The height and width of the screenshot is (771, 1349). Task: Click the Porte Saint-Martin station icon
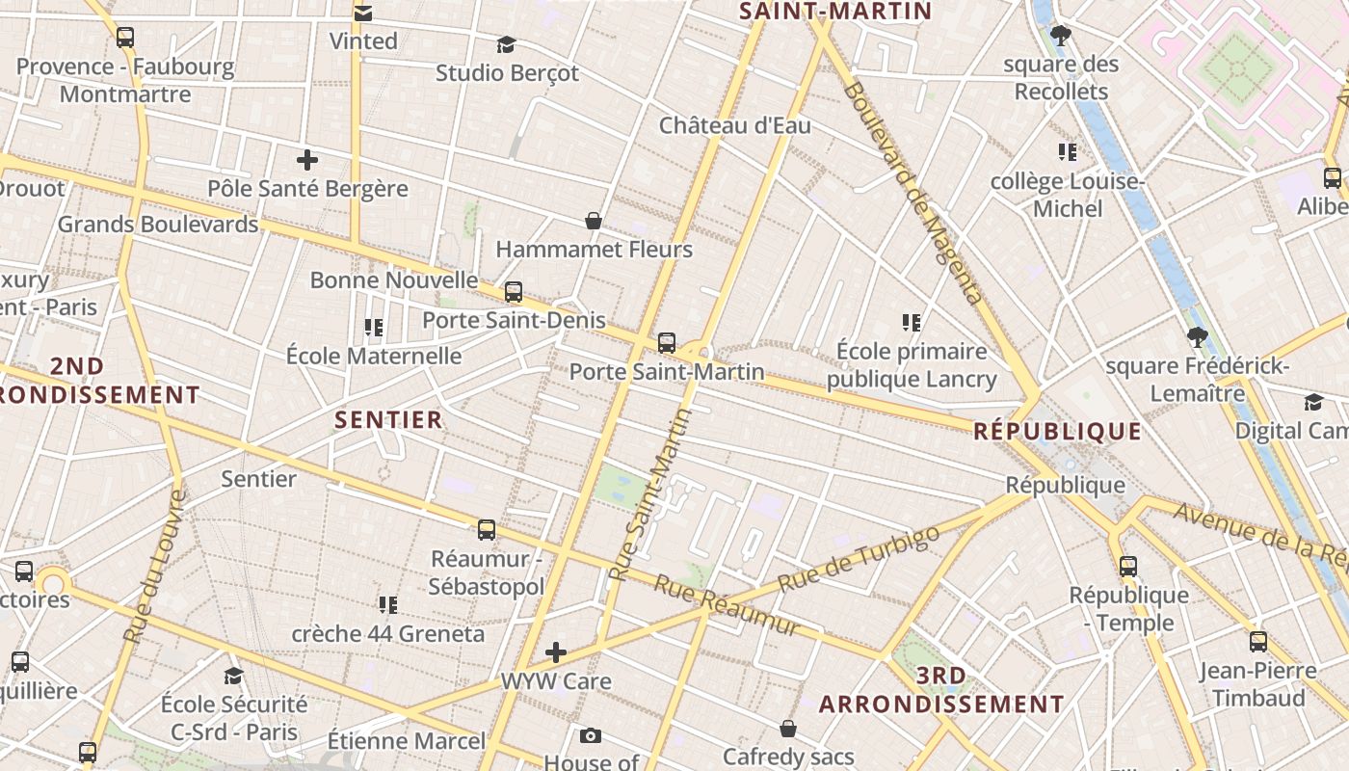(666, 343)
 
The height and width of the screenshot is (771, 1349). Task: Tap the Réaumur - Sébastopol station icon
(487, 529)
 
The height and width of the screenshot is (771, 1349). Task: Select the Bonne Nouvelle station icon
(514, 291)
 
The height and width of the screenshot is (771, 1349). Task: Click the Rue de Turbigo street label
(858, 560)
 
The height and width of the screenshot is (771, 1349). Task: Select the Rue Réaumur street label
(727, 606)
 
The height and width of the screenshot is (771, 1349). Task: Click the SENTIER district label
(388, 420)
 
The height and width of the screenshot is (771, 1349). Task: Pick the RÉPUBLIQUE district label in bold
(1057, 431)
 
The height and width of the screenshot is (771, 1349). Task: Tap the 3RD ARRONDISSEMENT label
(941, 690)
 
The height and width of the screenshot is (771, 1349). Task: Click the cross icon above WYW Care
(556, 652)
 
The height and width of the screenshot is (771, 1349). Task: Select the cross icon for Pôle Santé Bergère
(307, 160)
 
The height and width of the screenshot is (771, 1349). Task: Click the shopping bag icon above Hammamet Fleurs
(594, 222)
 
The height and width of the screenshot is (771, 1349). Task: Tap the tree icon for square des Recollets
(1061, 37)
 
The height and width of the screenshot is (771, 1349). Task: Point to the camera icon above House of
(591, 736)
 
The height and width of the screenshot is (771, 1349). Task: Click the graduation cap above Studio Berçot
(506, 44)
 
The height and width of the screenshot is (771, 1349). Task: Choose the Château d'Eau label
(734, 125)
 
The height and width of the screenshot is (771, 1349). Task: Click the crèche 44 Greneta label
(388, 634)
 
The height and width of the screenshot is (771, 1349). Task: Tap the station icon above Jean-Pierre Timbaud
(1258, 642)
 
